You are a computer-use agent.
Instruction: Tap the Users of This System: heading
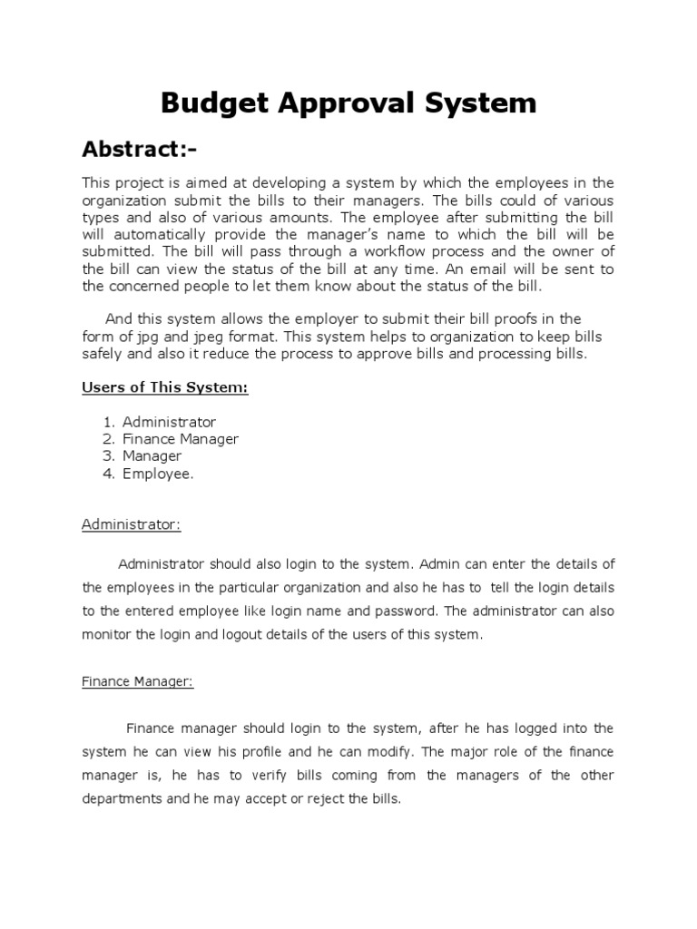tap(165, 387)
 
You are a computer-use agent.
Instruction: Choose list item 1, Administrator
tap(170, 422)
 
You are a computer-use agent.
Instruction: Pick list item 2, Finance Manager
tap(181, 439)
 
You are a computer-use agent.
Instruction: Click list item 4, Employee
tap(158, 474)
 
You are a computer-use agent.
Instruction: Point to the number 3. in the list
tap(108, 456)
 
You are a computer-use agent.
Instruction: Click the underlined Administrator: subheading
tap(132, 524)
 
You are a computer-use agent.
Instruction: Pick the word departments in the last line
tap(120, 799)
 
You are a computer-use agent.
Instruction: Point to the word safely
tap(103, 354)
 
